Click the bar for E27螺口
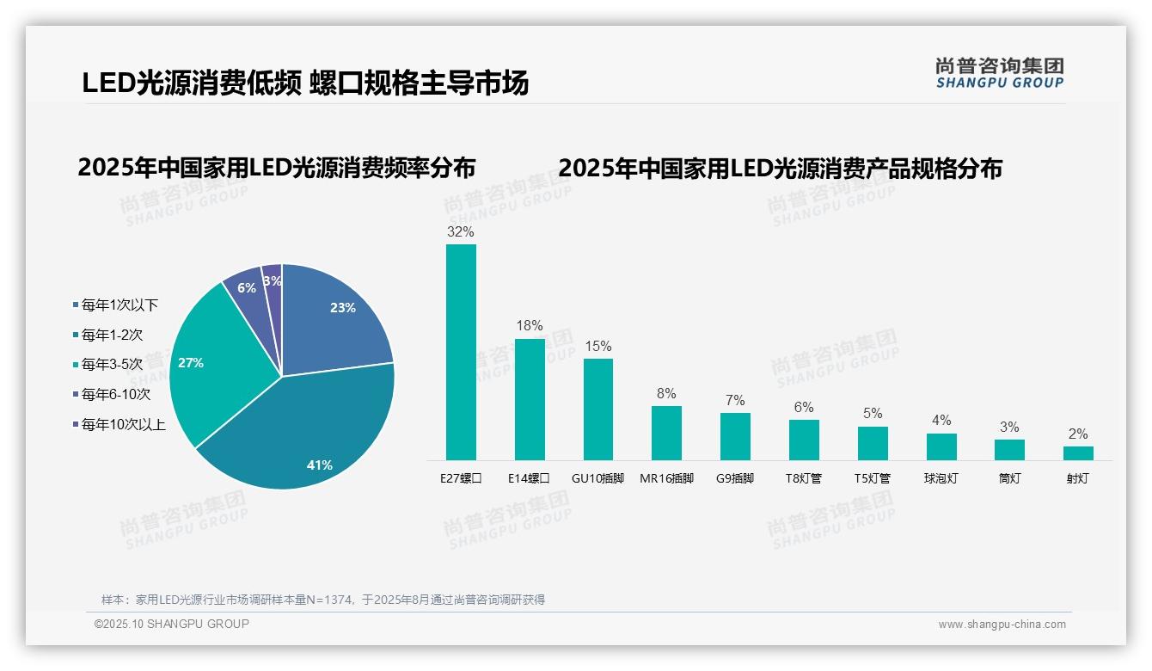[461, 352]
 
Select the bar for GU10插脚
[598, 409]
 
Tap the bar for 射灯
[1078, 452]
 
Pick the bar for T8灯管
[804, 440]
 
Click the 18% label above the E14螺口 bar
[530, 326]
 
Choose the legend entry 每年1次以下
[119, 305]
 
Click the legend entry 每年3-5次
[112, 365]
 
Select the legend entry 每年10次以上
[123, 424]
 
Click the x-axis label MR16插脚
[666, 478]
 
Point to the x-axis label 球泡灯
[941, 478]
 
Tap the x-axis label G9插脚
[735, 478]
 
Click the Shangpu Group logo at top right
[999, 73]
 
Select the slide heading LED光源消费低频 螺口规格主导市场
[305, 83]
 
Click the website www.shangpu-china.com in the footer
[1002, 625]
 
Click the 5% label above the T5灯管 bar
[873, 414]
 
